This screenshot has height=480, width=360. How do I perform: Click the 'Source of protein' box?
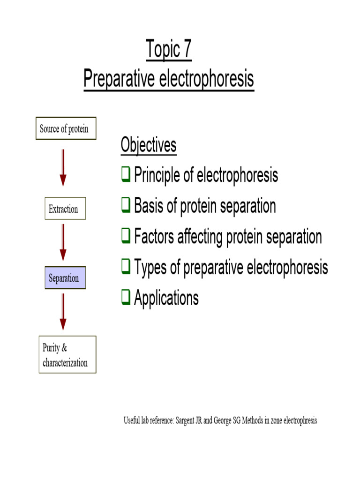(66, 128)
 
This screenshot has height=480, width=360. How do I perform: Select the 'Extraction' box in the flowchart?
(65, 209)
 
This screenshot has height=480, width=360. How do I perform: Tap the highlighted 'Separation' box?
(65, 278)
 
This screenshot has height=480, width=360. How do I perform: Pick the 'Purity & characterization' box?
(67, 355)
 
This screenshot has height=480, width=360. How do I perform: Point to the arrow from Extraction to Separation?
(63, 242)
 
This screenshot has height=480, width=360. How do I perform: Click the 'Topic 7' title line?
(169, 50)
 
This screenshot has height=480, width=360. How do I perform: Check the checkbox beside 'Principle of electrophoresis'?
(126, 176)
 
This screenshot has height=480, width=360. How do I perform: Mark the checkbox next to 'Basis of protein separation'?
(126, 206)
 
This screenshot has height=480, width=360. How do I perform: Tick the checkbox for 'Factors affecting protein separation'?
(126, 237)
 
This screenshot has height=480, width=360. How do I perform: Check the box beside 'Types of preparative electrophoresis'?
(126, 267)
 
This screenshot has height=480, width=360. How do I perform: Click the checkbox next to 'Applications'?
(126, 298)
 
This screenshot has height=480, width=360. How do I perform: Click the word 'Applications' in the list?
(166, 298)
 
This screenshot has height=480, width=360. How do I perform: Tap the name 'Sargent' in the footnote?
(186, 420)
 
